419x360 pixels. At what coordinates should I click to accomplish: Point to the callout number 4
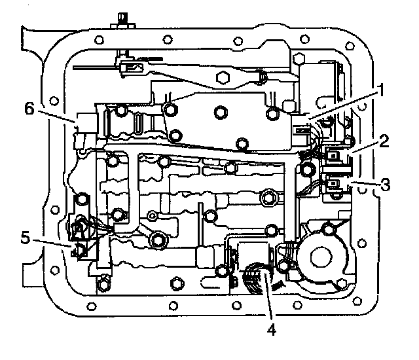[x=270, y=329]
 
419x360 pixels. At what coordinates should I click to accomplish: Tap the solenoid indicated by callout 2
[x=335, y=156]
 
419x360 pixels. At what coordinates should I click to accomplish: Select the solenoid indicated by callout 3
[x=335, y=186]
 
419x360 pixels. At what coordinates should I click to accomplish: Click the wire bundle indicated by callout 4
[x=259, y=278]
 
